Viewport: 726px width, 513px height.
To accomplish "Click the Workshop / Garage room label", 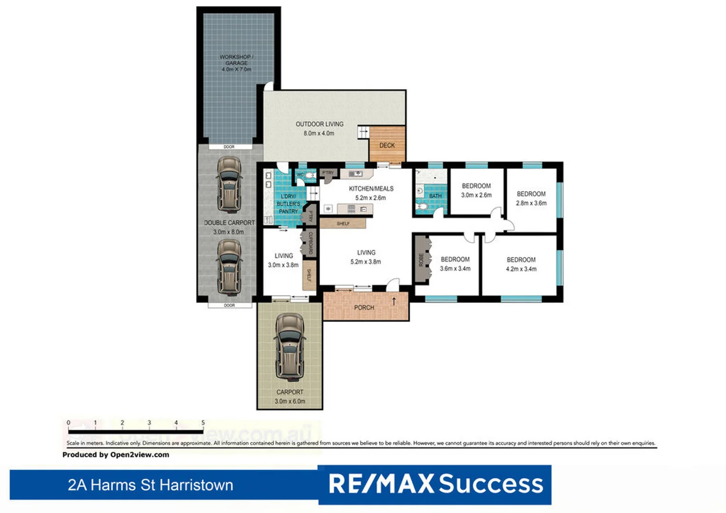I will [x=236, y=63].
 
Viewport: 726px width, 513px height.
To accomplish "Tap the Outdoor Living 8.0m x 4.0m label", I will [x=319, y=129].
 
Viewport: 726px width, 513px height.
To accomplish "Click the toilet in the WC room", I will [x=309, y=176].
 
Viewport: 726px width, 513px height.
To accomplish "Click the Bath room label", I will [x=435, y=196].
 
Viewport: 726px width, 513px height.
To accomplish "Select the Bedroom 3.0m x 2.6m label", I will [x=476, y=190].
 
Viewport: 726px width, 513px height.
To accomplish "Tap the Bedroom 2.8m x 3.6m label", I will [x=531, y=198].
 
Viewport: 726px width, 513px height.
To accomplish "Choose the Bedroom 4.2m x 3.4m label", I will [x=521, y=264].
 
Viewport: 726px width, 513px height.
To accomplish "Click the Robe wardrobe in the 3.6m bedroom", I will [x=421, y=259].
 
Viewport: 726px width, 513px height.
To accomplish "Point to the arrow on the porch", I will [x=394, y=301].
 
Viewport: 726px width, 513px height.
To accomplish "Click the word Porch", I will [x=364, y=308].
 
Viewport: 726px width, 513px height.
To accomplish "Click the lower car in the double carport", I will [x=229, y=267].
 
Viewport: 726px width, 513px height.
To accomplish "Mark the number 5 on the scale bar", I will [x=203, y=422].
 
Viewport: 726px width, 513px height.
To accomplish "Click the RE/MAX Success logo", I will [x=435, y=484].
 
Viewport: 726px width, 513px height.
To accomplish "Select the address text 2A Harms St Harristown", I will [x=150, y=485].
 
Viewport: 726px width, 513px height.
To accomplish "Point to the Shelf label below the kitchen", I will [x=343, y=223].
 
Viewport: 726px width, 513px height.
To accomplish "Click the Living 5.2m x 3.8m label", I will [x=366, y=257].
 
